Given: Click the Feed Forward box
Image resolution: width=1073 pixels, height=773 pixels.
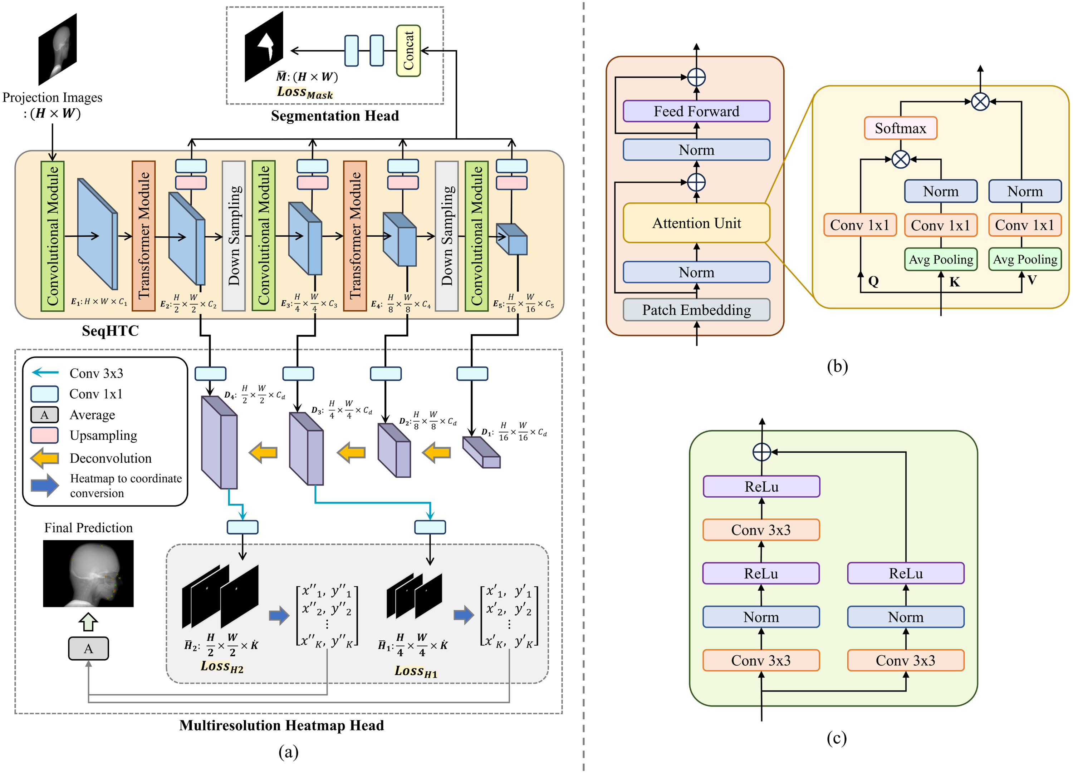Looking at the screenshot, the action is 696,111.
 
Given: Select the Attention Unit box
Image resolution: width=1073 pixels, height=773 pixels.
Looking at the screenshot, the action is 696,223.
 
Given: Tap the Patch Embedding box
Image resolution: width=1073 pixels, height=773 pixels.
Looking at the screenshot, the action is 696,310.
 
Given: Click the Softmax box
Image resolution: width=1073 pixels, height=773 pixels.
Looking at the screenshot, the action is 900,128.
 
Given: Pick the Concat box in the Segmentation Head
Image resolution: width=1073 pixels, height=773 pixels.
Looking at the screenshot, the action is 408,51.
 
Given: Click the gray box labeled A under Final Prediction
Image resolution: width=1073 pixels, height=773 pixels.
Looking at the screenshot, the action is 88,649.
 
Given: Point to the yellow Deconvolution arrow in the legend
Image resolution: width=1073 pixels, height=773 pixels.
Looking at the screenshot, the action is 45,458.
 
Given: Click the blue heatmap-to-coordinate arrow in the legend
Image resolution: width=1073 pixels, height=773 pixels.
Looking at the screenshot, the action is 45,486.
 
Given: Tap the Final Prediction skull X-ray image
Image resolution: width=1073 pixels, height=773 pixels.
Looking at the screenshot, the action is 88,573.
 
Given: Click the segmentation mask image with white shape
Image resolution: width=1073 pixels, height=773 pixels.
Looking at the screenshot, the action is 264,47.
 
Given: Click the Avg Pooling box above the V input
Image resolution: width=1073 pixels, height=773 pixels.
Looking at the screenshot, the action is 1025,259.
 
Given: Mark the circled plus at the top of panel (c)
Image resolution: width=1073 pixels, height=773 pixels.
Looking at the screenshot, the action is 762,452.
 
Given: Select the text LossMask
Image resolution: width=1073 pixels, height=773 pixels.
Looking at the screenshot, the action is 305,92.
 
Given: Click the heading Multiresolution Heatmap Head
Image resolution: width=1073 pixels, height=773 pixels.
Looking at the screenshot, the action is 281,725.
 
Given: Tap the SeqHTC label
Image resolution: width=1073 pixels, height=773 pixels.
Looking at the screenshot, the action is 110,330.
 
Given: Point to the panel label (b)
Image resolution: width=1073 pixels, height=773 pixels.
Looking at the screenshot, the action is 837,366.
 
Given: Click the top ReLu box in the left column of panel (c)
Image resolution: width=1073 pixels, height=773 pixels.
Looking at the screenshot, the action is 761,486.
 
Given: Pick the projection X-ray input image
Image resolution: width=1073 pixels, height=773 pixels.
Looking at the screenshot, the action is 57,49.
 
